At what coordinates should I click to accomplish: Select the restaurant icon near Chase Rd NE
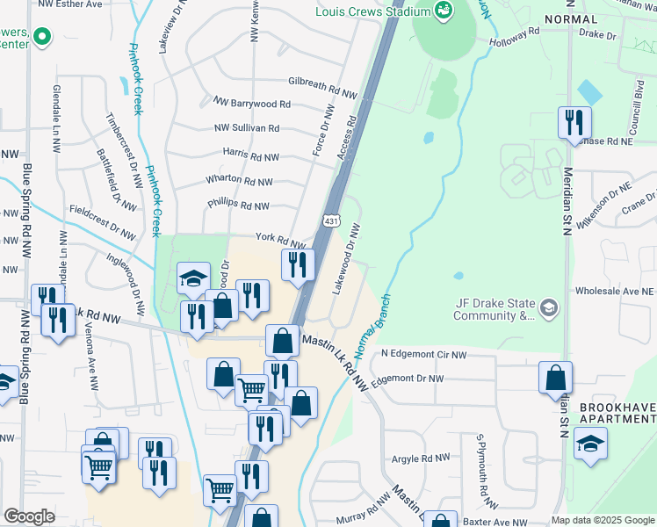point(575,122)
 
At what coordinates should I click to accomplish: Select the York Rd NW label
point(280,240)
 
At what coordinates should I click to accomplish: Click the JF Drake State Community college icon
point(549,307)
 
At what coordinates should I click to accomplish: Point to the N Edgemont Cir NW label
point(424,355)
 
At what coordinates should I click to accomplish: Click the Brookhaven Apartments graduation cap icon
point(589,444)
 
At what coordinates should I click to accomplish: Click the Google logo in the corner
point(29,516)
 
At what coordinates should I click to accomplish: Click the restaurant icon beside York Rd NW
point(298,263)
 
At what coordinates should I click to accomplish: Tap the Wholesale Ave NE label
point(615,291)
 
